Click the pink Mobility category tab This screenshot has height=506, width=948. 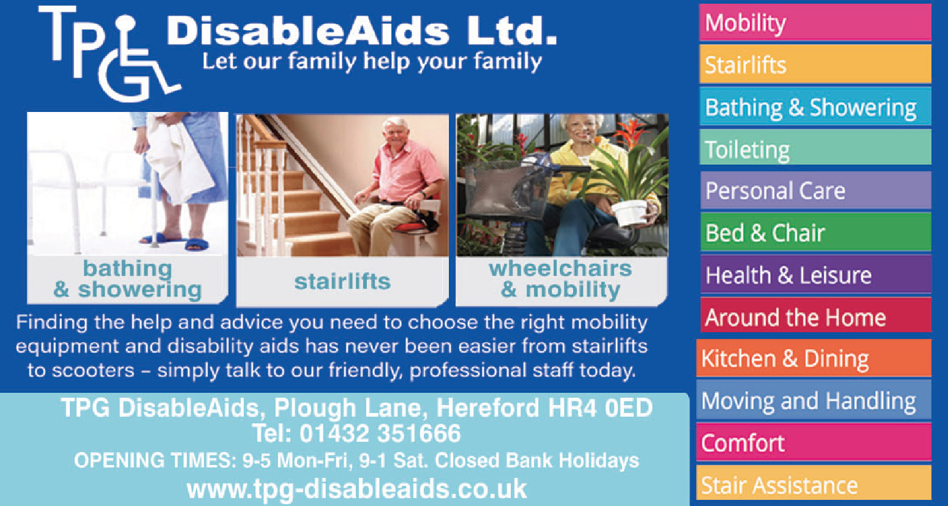click(x=815, y=23)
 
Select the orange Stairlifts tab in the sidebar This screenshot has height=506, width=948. click(x=815, y=64)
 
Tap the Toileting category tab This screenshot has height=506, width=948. click(x=815, y=147)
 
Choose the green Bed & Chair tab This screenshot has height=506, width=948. click(x=815, y=232)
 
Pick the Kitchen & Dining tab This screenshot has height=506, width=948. click(x=813, y=358)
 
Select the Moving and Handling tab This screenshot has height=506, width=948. click(x=813, y=400)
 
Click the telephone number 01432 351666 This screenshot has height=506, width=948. click(x=380, y=434)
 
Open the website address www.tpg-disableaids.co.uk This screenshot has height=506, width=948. click(x=357, y=489)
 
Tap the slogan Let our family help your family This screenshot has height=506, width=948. click(x=372, y=62)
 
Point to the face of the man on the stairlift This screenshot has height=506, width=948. click(x=394, y=131)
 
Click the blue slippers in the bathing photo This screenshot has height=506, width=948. click(x=176, y=242)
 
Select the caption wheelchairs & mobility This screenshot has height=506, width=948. click(x=560, y=280)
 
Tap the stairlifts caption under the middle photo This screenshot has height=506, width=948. click(x=342, y=281)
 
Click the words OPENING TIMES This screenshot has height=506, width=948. click(x=155, y=460)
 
